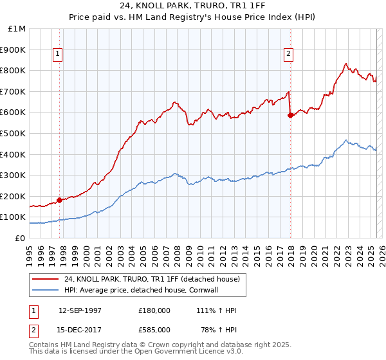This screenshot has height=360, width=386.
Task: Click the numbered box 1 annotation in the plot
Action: click(x=58, y=55)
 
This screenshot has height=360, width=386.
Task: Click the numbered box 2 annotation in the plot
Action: click(x=288, y=55)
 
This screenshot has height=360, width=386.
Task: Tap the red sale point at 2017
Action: click(x=290, y=116)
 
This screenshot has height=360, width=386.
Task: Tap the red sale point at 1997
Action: click(x=60, y=200)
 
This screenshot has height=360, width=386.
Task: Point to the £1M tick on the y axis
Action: click(x=17, y=29)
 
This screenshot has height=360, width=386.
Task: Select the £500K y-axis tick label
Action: click(x=14, y=134)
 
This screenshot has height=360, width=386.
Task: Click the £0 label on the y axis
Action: click(x=20, y=238)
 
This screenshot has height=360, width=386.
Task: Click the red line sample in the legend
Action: click(x=46, y=279)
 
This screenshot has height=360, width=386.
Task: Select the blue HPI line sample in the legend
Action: click(x=46, y=290)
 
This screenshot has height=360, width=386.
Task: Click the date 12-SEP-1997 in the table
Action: click(x=80, y=310)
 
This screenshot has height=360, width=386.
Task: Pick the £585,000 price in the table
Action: click(x=154, y=330)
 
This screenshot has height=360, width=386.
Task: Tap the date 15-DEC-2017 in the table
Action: click(x=80, y=330)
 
